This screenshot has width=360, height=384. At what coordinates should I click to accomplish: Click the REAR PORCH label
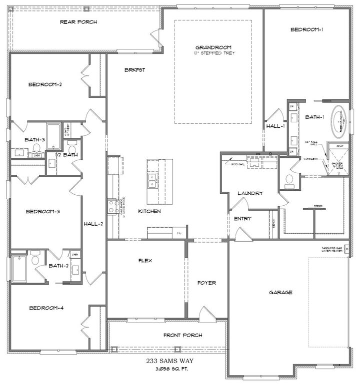[x=78, y=22]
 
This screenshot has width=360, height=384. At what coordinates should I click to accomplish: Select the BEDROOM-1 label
[x=306, y=30]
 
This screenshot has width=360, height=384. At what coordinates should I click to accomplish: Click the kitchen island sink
[x=150, y=181]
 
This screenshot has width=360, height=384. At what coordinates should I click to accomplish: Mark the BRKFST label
[x=134, y=70]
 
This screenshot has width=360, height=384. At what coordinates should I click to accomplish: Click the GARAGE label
[x=280, y=293]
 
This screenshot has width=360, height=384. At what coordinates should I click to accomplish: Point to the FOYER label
[x=206, y=283]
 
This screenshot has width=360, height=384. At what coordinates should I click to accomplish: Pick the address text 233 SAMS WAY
[x=168, y=360]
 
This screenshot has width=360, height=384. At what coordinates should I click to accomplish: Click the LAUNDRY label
[x=250, y=193]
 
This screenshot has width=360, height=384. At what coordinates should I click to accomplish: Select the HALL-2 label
[x=93, y=223]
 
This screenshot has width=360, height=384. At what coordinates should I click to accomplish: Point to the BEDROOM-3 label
[x=43, y=212]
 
